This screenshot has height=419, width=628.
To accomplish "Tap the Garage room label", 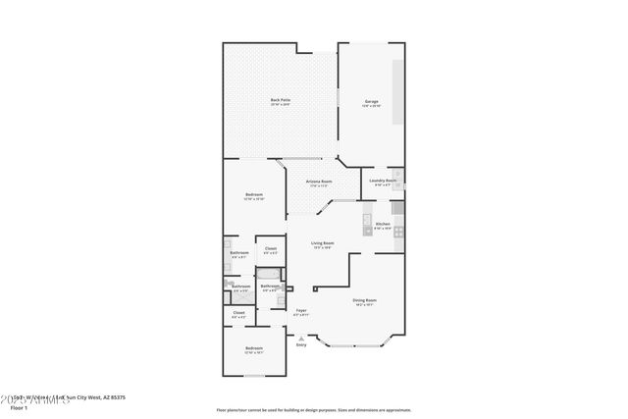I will (x=372, y=102).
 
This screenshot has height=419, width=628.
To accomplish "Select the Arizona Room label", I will (x=319, y=183).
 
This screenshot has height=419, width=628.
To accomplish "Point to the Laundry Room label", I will (x=383, y=182).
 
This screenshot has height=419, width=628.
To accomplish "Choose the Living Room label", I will (x=323, y=244).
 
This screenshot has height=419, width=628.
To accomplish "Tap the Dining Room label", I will (x=365, y=302).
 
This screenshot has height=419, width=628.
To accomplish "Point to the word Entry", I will (x=301, y=344).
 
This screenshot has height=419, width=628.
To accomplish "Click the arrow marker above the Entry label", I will (x=301, y=338).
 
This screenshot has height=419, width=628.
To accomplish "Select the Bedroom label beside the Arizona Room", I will (x=254, y=196).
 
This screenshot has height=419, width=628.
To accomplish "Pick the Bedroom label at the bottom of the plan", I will (x=254, y=350).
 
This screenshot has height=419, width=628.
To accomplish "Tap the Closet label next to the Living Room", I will (x=270, y=250).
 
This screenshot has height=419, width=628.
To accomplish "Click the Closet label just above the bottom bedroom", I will (x=238, y=314).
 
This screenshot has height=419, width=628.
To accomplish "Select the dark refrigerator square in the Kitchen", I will (x=397, y=207).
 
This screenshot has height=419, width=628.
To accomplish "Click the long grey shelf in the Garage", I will (x=398, y=92).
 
